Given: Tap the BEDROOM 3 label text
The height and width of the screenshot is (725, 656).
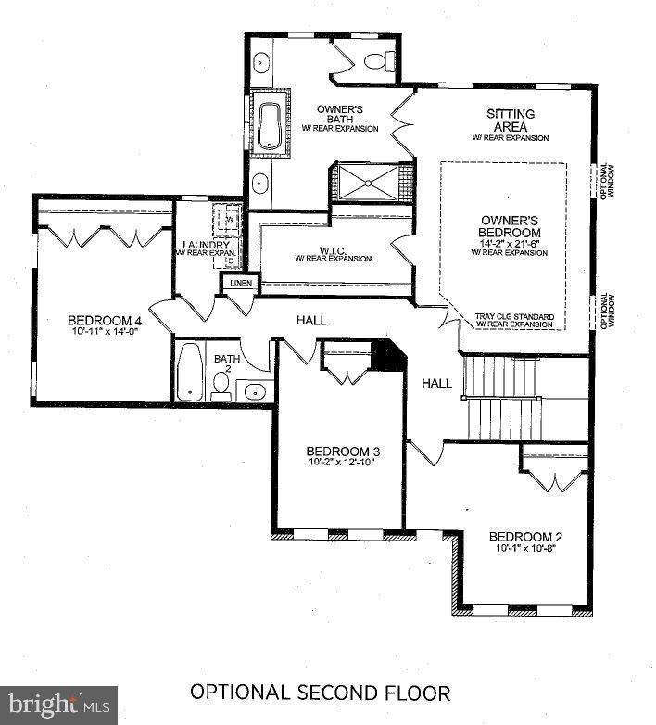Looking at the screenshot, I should tap(343, 452).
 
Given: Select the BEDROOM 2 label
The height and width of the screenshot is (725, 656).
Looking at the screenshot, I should tap(525, 537).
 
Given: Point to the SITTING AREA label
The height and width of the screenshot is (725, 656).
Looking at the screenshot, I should tap(511, 120).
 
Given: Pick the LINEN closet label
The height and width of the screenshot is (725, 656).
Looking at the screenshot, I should tap(238, 283).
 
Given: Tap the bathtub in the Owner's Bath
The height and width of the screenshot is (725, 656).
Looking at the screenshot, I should tap(270, 125).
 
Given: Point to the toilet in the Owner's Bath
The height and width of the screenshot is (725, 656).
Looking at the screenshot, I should tap(375, 61).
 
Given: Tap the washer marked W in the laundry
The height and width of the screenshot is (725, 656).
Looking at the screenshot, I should tap(228, 221).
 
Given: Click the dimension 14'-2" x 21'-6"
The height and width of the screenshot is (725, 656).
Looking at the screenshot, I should tap(510, 244).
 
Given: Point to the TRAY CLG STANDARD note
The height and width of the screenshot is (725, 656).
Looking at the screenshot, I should tap(513, 315).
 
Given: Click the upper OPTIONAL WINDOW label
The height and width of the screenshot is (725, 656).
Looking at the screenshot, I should tap(606, 182).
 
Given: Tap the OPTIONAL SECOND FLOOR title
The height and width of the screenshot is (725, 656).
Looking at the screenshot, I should tap(321, 693).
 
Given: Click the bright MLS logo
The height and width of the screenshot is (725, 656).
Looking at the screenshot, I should tap(59, 705).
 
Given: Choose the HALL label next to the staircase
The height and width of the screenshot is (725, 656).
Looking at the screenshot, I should tap(436, 383).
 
